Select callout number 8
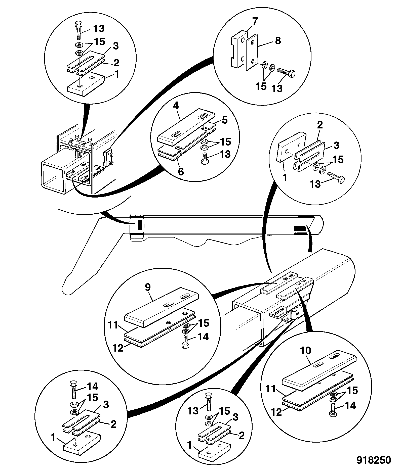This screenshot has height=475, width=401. [278, 41]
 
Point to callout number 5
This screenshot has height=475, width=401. [225, 120]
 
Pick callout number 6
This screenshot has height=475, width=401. [181, 172]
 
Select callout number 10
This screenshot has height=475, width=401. [306, 351]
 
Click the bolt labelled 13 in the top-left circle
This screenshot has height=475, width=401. [78, 31]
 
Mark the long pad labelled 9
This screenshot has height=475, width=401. [162, 308]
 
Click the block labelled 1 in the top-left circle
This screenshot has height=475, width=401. [86, 83]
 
